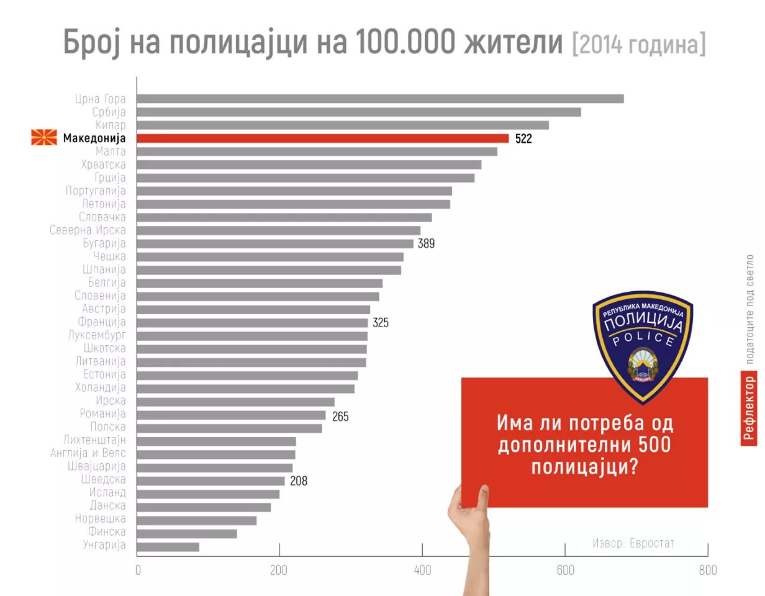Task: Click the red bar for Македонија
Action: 322,138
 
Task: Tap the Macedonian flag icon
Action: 44,138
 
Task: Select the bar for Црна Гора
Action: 380,99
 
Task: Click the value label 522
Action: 523,139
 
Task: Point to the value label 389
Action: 426,244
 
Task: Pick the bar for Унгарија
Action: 168,547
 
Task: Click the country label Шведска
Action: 103,479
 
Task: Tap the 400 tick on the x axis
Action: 422,570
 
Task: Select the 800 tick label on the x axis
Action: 707,570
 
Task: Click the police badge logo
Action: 643,345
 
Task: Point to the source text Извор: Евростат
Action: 633,543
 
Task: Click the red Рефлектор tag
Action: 749,408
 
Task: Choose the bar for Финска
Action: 186,533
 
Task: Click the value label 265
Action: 340,417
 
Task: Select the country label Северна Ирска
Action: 88,230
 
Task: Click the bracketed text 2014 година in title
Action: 638,43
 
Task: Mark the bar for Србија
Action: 359,112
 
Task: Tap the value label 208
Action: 299,481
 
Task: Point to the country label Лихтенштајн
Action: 94,440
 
